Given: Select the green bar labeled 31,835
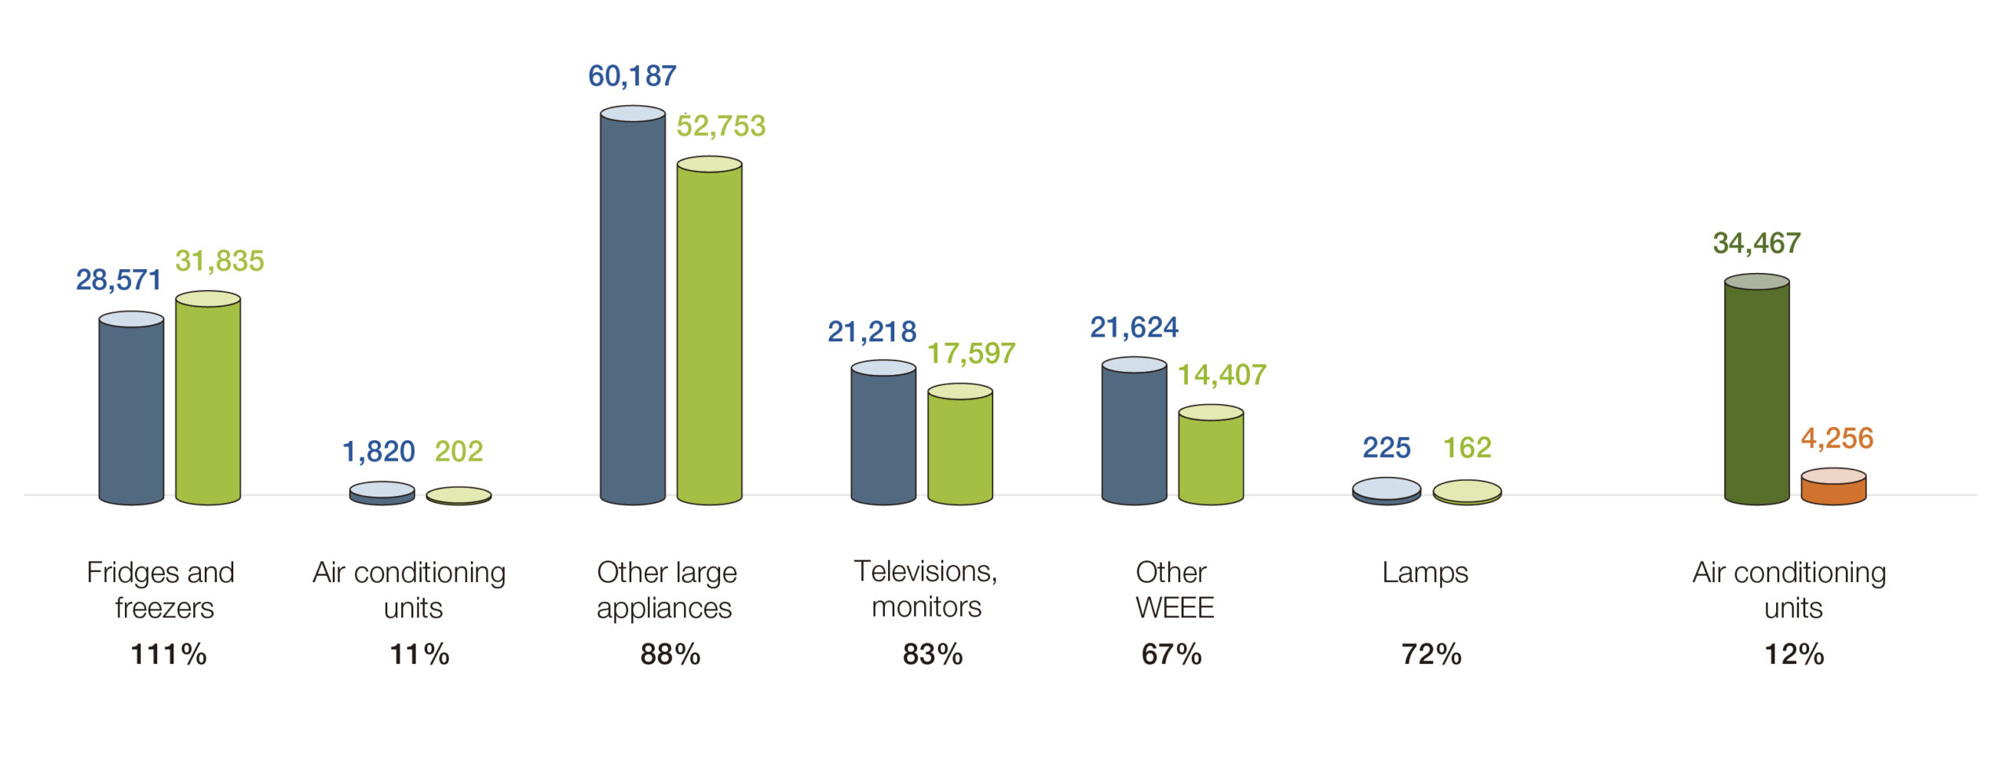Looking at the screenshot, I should coord(208,399).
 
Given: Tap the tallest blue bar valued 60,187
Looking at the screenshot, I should coord(632,306).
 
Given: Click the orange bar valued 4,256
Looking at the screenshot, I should coord(1833,488).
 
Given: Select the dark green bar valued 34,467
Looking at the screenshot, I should coord(1756,391).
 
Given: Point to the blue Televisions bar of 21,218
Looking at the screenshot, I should coord(883,434).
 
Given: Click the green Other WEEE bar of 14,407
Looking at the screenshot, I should coord(1211,456).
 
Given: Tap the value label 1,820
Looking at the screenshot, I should coord(378,451).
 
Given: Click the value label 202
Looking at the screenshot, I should coord(459,451).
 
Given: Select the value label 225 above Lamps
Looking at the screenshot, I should coord(1386,447).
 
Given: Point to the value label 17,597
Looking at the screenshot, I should coord(971,353).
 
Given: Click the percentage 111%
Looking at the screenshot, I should coord(168,654).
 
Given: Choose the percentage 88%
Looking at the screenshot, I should coord(670,654).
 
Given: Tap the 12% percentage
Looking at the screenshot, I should coord(1794,654).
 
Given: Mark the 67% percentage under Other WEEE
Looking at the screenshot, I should coord(1171,654).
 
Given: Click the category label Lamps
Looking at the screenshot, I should coord(1424,572).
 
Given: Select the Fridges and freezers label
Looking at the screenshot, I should coord(161,589).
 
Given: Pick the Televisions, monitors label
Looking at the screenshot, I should coord(926,588).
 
